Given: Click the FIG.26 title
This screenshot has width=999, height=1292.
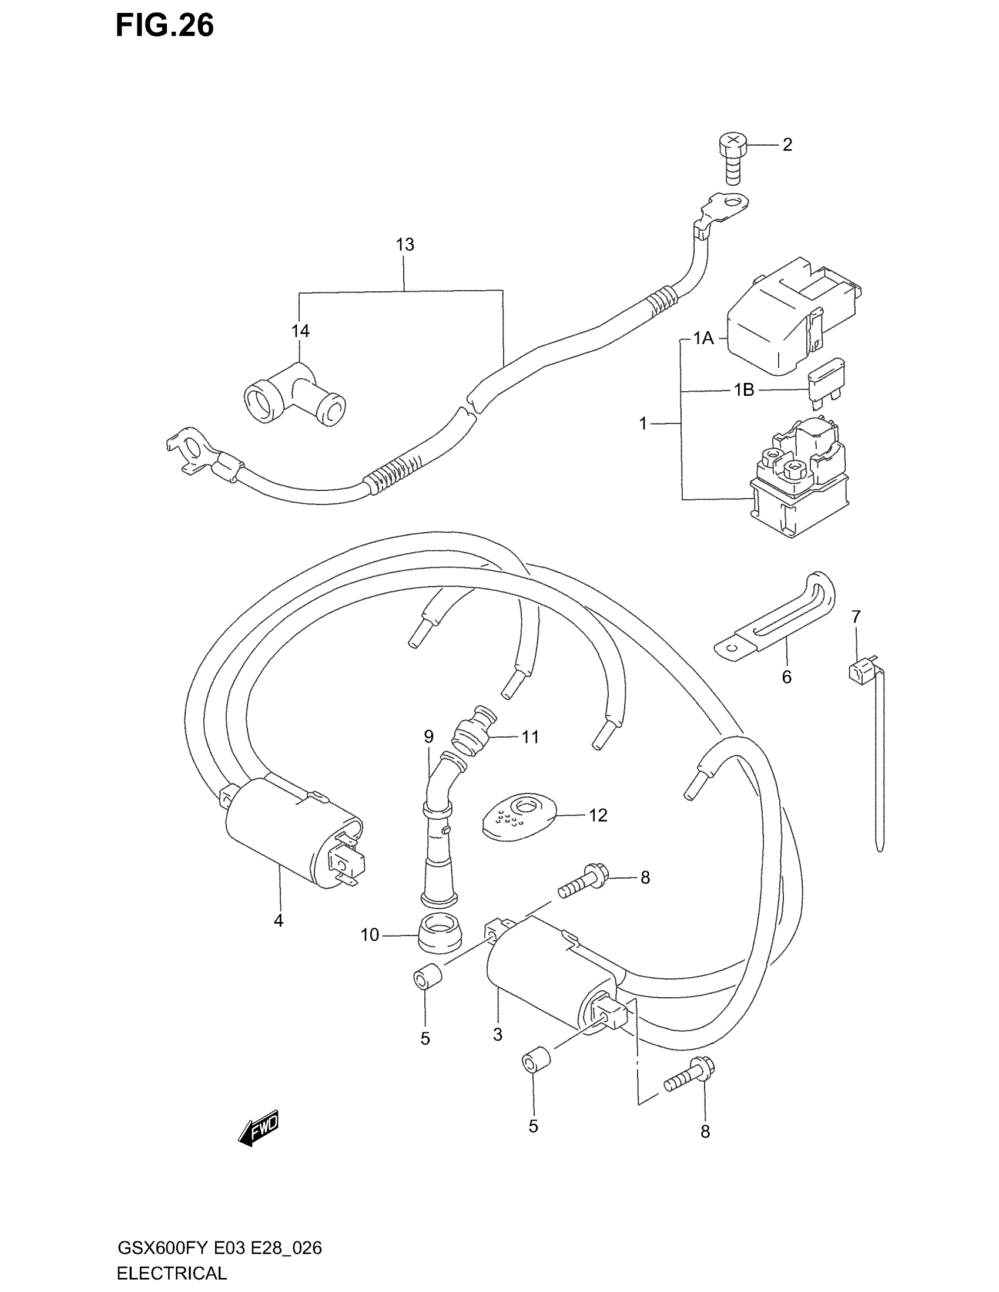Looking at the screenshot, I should (165, 26).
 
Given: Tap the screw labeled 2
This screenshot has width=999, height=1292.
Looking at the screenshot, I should (732, 160).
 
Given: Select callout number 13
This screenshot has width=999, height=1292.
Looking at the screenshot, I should (405, 244).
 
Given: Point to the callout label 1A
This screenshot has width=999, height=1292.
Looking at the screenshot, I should (703, 338).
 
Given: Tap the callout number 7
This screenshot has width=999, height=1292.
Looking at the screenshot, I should (856, 617).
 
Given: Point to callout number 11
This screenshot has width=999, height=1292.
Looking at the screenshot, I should (530, 737).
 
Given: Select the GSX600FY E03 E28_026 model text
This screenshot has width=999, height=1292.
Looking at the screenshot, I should (220, 1248).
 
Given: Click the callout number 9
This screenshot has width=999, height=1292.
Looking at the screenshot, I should (428, 736).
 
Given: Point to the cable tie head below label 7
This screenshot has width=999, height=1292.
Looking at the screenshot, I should (857, 672).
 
